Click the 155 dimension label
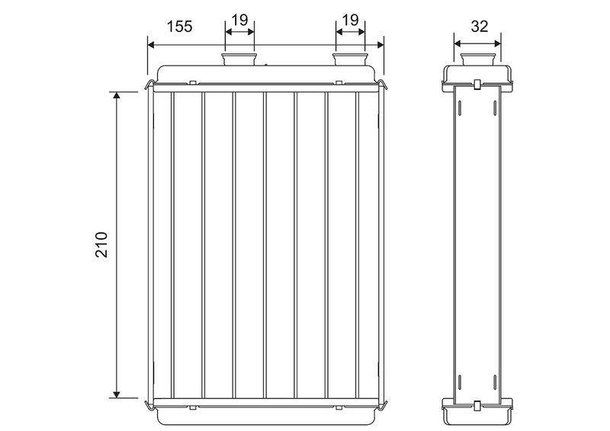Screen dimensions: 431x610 [179, 25]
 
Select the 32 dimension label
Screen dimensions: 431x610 [479, 26]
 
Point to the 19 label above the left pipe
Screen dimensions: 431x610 [239, 21]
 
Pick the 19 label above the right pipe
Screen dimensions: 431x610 [351, 21]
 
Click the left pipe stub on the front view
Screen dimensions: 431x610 [239, 59]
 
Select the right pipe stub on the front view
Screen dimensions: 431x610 [351, 59]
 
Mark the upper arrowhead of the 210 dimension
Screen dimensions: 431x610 [117, 96]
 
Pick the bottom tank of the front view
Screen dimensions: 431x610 [267, 416]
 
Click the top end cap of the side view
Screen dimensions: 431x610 [478, 72]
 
